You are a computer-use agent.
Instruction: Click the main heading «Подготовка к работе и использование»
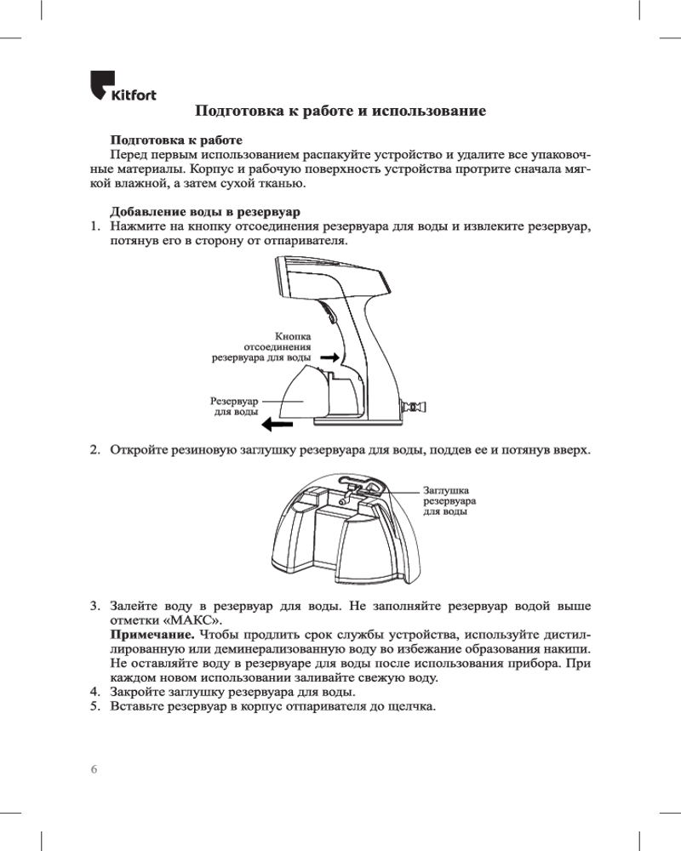pyautogui.click(x=340, y=111)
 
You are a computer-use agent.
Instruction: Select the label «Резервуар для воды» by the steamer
pyautogui.click(x=234, y=405)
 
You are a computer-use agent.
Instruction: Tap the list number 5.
pyautogui.click(x=96, y=707)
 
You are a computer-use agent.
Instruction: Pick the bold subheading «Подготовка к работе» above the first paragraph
pyautogui.click(x=177, y=139)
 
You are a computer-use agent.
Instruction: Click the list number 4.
pyautogui.click(x=96, y=693)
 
